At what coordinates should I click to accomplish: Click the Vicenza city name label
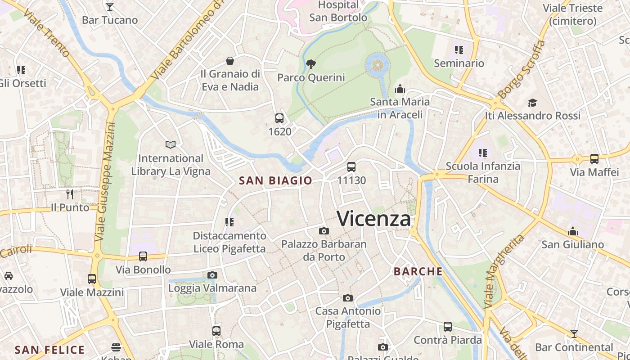coord(373,219)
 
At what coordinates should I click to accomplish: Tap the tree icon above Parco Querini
coord(310,64)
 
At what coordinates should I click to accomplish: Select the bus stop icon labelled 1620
coord(279,118)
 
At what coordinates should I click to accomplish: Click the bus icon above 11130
coord(351,167)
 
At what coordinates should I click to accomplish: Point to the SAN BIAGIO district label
coord(275,180)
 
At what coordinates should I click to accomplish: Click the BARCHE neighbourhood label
coord(418,271)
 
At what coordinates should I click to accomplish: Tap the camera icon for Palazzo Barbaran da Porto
coord(324,231)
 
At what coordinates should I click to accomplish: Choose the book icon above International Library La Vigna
coord(171,144)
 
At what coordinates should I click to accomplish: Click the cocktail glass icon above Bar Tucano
coord(110,7)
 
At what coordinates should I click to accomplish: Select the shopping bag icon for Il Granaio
coord(230,61)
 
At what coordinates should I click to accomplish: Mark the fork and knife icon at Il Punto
coord(70,194)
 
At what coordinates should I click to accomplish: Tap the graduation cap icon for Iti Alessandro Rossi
coord(532,103)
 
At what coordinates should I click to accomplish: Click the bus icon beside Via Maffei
coord(594,158)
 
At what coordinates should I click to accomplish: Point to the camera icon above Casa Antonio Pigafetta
coord(348,298)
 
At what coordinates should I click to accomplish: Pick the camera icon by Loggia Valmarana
coord(212,275)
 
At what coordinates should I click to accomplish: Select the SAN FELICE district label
coord(49,350)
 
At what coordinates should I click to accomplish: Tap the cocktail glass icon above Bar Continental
coord(574,333)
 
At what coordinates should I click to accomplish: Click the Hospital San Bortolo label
coord(338,11)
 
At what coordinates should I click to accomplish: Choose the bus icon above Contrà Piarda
coord(448,327)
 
